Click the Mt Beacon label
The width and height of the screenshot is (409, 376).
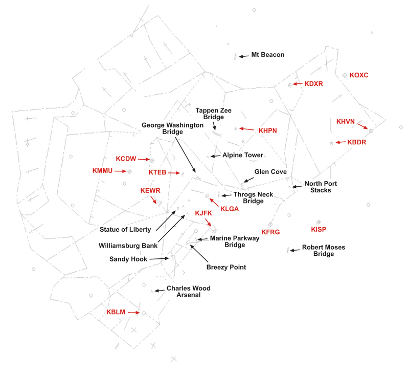pyautogui.click(x=268, y=55)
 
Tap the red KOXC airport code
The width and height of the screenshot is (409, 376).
pyautogui.click(x=359, y=75)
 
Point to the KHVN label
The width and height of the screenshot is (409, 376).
pyautogui.click(x=345, y=121)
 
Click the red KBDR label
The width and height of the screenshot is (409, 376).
pyautogui.click(x=357, y=142)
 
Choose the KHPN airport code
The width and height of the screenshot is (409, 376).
pyautogui.click(x=267, y=130)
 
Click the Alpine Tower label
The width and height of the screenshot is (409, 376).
pyautogui.click(x=243, y=155)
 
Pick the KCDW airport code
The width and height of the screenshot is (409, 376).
pyautogui.click(x=125, y=159)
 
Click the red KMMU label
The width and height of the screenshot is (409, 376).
pyautogui.click(x=102, y=170)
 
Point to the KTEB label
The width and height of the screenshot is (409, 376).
pyautogui.click(x=157, y=173)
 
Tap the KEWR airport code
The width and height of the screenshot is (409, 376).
pyautogui.click(x=150, y=190)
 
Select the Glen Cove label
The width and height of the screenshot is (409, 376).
pyautogui.click(x=270, y=172)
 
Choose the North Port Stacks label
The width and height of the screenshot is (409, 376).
pyautogui.click(x=321, y=187)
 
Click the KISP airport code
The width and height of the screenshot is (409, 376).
pyautogui.click(x=319, y=229)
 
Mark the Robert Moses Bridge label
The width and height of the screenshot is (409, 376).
pyautogui.click(x=323, y=251)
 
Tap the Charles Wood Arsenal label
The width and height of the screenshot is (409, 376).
pyautogui.click(x=188, y=291)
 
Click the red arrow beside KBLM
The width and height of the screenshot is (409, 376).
pyautogui.click(x=133, y=312)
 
